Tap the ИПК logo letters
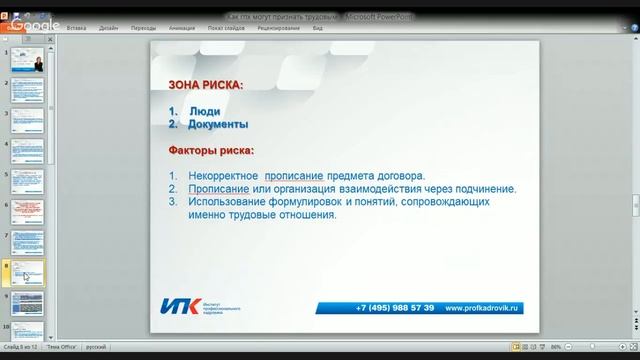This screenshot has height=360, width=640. [180, 306]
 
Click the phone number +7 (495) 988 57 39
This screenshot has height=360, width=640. [394, 307]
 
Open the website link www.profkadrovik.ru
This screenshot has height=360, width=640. [484, 307]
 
